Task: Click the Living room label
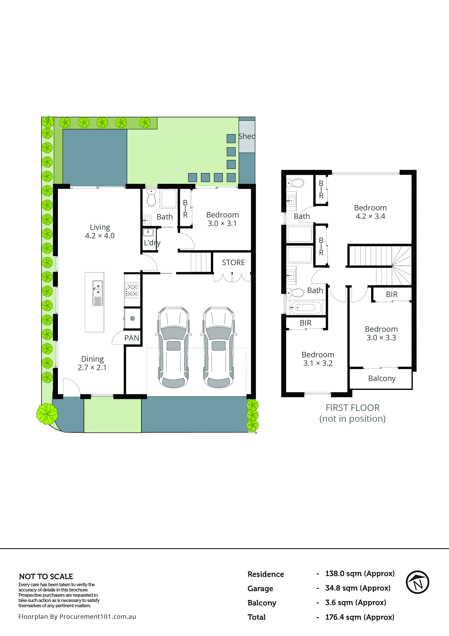click(100, 231)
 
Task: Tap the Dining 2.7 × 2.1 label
click(92, 363)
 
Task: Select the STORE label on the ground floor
click(233, 262)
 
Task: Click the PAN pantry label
click(132, 338)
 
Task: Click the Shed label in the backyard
click(247, 136)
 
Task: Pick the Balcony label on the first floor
click(382, 378)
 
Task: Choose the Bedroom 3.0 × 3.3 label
click(381, 333)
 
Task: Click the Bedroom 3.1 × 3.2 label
click(318, 359)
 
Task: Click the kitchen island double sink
click(97, 289)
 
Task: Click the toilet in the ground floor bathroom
click(151, 198)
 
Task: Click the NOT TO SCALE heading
click(46, 576)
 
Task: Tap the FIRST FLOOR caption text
click(352, 408)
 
